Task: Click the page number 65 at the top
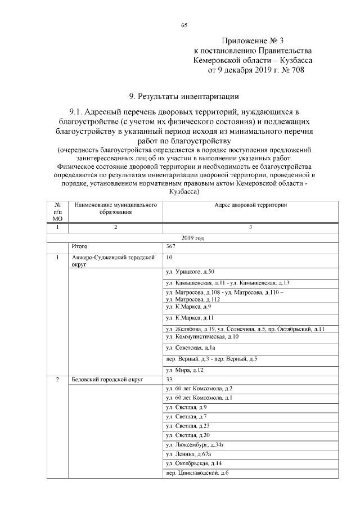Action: click(x=183, y=25)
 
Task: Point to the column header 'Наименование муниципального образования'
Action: click(x=115, y=209)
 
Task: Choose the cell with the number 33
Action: click(x=170, y=380)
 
